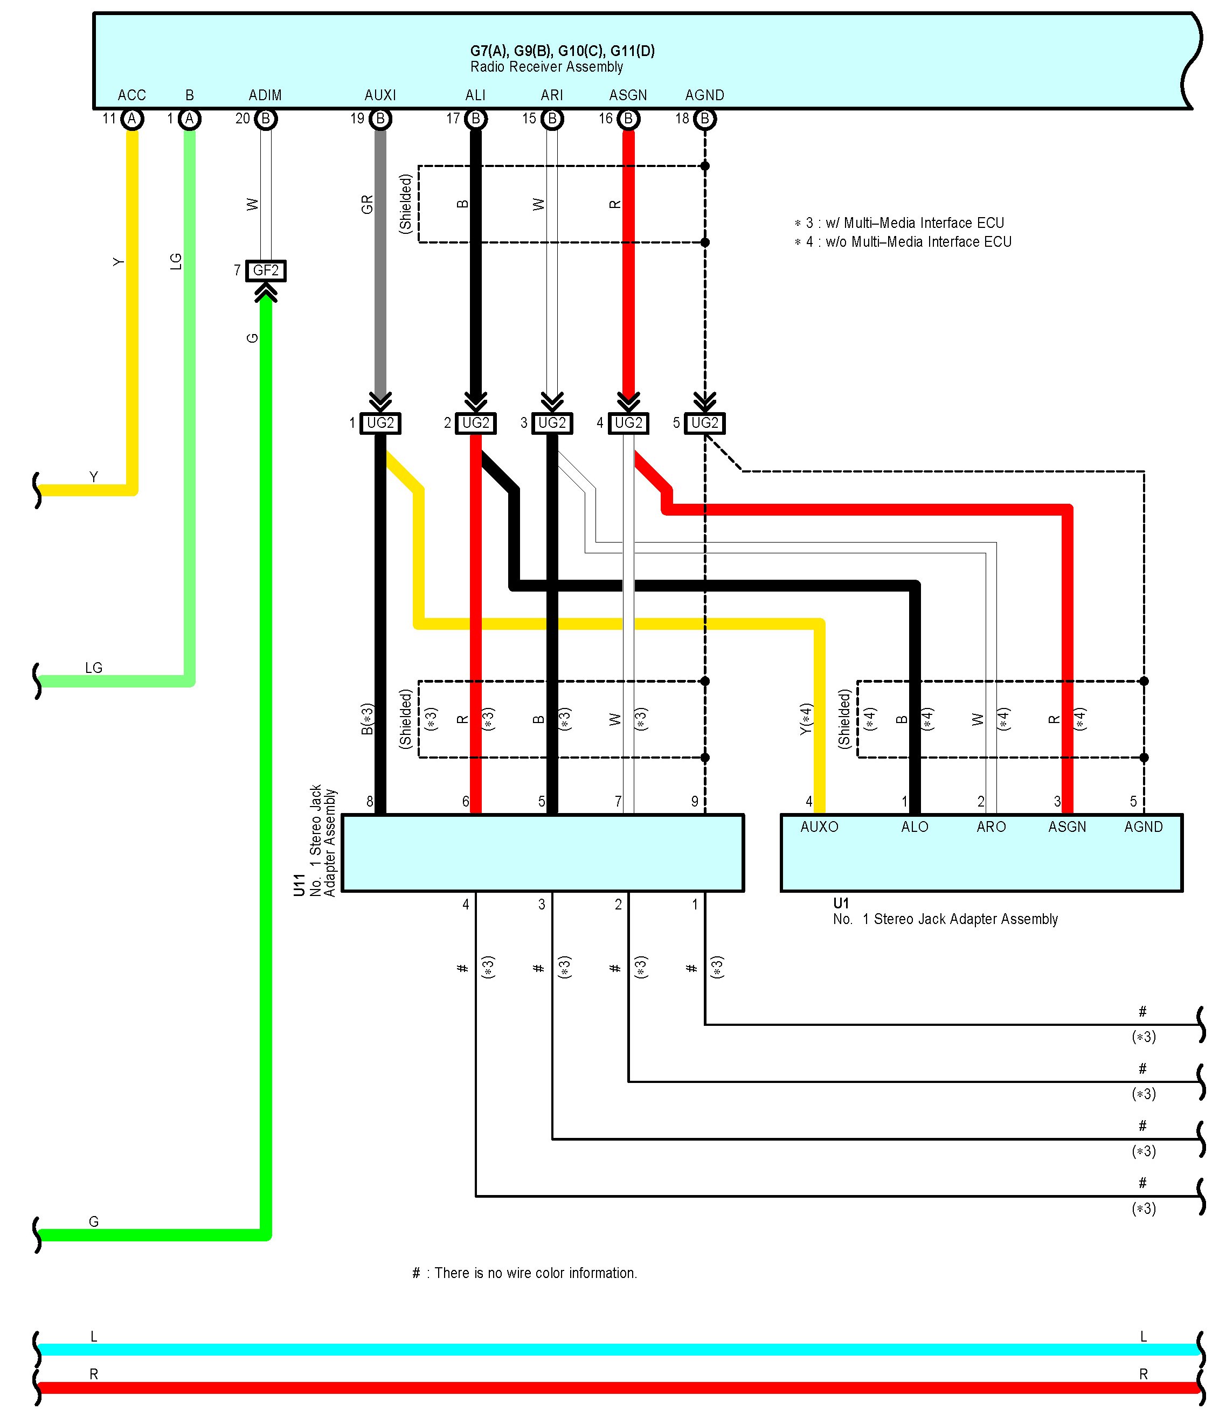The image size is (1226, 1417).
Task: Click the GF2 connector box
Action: click(266, 271)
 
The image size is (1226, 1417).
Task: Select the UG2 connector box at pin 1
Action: click(380, 423)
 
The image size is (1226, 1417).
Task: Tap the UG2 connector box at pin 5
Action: click(705, 423)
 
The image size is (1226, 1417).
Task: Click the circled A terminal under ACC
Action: click(132, 119)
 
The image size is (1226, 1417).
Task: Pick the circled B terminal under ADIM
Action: click(266, 119)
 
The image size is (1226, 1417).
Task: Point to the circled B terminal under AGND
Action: click(705, 119)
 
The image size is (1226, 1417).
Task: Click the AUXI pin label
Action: click(380, 95)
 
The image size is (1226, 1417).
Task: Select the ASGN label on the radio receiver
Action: click(628, 95)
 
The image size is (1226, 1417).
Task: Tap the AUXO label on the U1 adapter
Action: click(819, 827)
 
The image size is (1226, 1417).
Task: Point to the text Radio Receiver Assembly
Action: click(546, 67)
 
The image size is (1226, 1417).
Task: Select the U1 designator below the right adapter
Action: click(841, 904)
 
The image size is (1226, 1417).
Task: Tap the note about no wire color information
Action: click(525, 1273)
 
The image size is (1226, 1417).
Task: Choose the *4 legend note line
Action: click(903, 241)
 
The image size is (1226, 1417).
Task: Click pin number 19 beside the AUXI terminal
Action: click(357, 119)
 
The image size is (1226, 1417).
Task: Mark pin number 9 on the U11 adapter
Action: click(695, 802)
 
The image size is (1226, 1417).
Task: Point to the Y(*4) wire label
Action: click(806, 719)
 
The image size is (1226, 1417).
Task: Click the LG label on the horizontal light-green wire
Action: click(94, 668)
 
